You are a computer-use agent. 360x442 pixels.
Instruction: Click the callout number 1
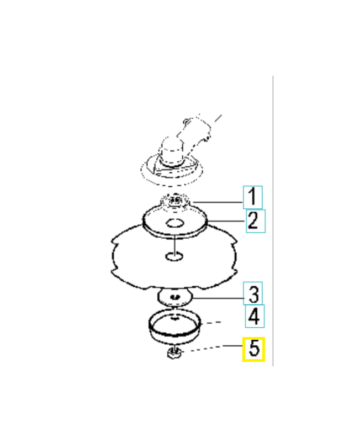point(252,196)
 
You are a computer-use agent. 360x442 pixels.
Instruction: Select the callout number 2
point(253,220)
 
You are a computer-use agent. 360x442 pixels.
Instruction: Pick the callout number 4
point(254,317)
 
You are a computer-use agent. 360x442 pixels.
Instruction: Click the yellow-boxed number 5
point(254,349)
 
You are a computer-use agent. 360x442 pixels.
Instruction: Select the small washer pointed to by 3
point(174,297)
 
